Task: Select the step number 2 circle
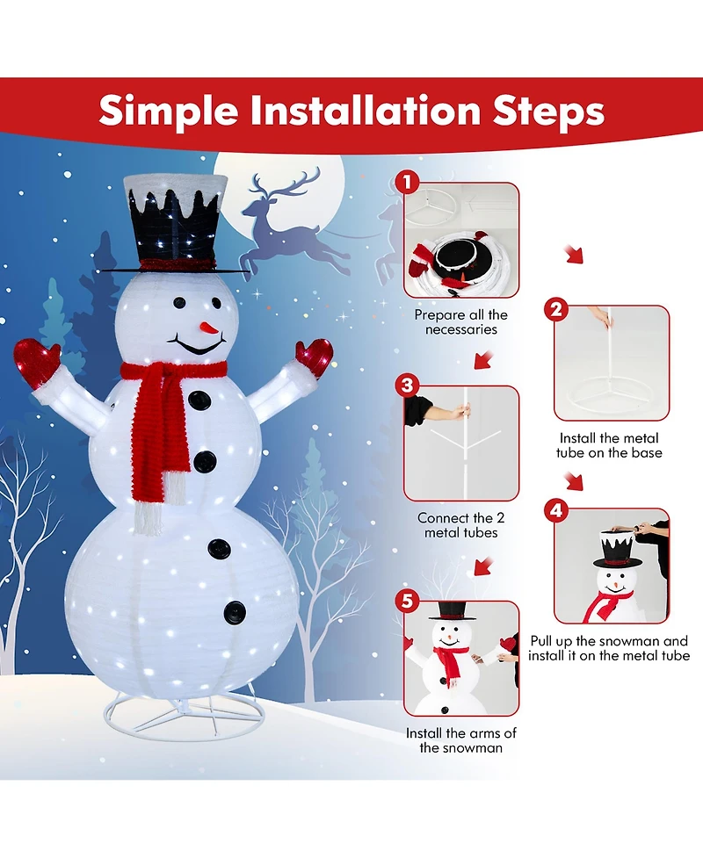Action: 554,308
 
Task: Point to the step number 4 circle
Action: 554,510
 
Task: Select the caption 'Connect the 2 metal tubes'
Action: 460,525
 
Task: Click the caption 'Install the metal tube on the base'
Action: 609,445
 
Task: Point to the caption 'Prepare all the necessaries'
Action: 461,322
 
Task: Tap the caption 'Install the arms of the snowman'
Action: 461,740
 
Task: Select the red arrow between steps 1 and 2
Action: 573,256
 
